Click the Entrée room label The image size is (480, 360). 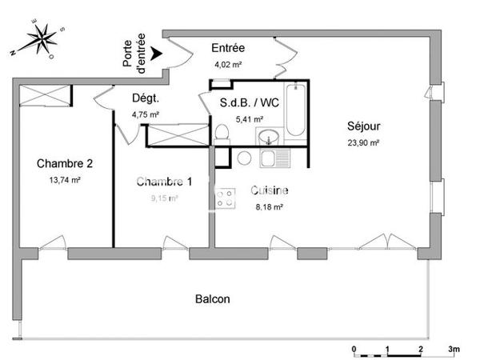(x=228, y=48)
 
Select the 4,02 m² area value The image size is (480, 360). (x=227, y=66)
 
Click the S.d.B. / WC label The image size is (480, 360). (x=248, y=103)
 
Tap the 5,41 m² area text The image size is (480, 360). (x=249, y=120)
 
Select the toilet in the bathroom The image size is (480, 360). (x=222, y=133)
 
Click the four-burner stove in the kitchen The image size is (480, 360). (x=226, y=197)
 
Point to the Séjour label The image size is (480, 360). (x=363, y=126)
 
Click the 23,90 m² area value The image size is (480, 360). (x=363, y=142)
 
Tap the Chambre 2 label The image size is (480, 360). (x=65, y=164)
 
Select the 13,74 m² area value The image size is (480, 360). (x=65, y=180)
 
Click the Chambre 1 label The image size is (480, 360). (x=163, y=181)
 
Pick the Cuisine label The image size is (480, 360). (x=270, y=190)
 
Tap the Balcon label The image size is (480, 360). (x=213, y=299)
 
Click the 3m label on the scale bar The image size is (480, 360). (x=454, y=350)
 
